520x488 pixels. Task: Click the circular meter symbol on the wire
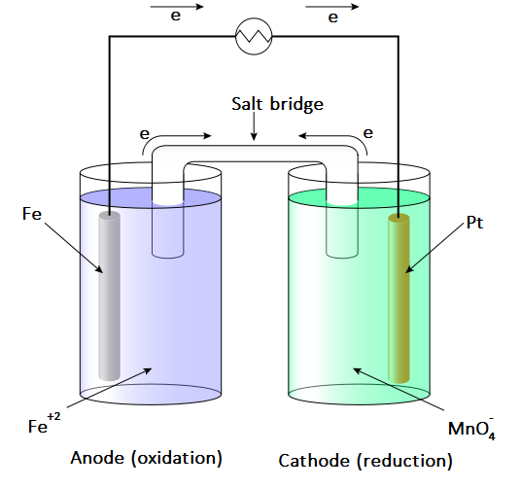click(254, 36)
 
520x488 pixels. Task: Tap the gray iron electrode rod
click(110, 296)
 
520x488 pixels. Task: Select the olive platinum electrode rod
click(399, 298)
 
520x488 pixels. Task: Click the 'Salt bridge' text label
click(277, 104)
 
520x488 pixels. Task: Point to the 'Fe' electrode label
click(32, 214)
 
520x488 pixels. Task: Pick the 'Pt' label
click(474, 223)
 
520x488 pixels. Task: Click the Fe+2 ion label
click(44, 423)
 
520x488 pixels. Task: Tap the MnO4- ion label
click(471, 429)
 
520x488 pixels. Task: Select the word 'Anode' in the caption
click(97, 458)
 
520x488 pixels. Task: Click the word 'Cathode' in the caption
click(314, 461)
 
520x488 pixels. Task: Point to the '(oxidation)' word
click(177, 459)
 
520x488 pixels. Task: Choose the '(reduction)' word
click(404, 461)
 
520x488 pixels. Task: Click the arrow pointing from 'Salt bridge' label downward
click(254, 126)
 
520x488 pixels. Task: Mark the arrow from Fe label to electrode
click(74, 248)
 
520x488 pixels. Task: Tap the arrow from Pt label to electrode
click(434, 248)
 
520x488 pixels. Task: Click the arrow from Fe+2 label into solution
click(109, 388)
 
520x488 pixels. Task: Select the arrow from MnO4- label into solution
click(398, 389)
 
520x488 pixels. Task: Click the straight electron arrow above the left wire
click(177, 7)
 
